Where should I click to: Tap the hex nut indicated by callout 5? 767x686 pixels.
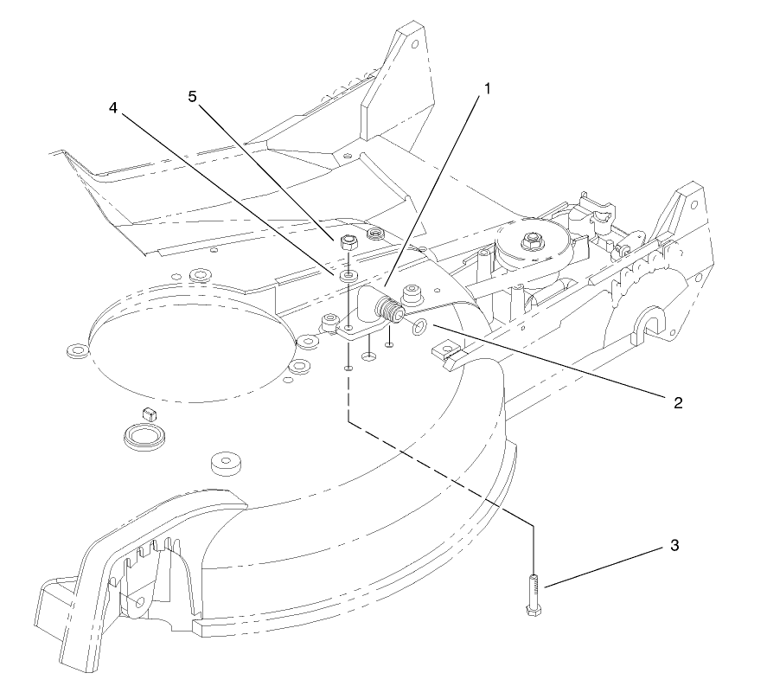346,245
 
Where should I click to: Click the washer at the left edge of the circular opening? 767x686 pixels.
76,352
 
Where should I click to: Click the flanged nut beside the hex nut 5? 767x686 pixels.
375,234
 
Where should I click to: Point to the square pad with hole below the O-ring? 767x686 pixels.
447,350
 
